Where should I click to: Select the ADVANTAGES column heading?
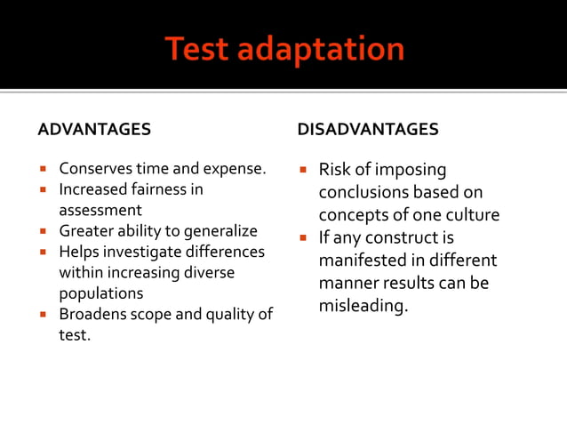(x=94, y=130)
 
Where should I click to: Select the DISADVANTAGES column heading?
(x=368, y=130)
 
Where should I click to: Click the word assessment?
(x=100, y=211)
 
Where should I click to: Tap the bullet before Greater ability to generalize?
(x=43, y=232)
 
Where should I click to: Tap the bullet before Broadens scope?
(x=43, y=315)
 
